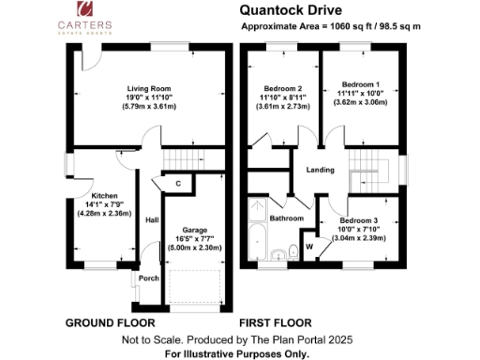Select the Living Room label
coord(141,85)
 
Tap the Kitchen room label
coord(104,196)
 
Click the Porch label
coord(149,278)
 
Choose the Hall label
coord(152,220)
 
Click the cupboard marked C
coord(177,184)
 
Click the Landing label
coord(322,169)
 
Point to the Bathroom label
coord(287,218)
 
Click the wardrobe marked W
coord(308,248)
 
